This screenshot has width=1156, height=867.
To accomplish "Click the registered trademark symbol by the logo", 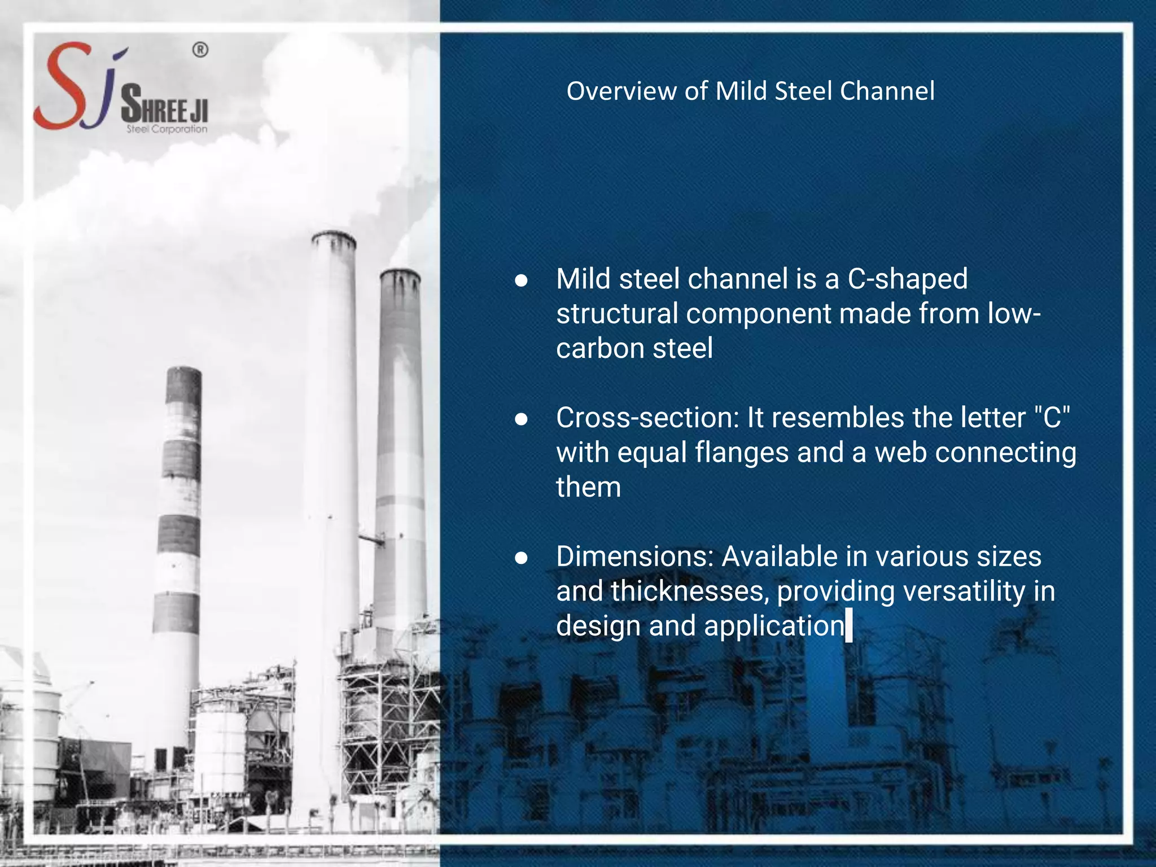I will pos(200,50).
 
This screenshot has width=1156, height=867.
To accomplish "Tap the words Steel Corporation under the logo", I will pos(167,129).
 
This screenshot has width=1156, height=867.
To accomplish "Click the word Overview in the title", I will pos(621,91).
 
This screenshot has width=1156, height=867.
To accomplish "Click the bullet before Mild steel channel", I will pos(521,281).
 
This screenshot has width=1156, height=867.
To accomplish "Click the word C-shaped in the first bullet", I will pos(908,279).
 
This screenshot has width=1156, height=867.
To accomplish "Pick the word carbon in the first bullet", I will pos(601,348).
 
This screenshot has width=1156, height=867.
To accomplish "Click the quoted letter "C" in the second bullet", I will pos(1053,418).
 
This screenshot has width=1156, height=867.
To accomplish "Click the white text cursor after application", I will pos(849,627).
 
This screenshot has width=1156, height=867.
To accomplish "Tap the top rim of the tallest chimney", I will pos(334,237).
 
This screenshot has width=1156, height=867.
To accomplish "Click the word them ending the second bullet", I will pos(588,487).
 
